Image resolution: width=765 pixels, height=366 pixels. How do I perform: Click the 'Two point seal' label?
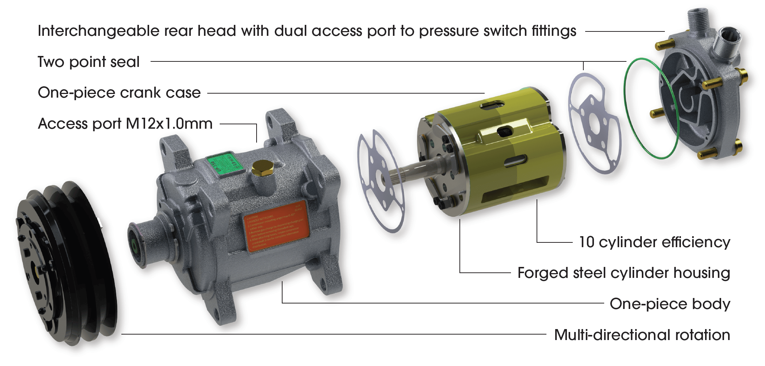[88, 62]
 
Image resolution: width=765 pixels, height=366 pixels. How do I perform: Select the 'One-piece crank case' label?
[119, 93]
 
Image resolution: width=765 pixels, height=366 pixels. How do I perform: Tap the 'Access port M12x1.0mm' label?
[125, 124]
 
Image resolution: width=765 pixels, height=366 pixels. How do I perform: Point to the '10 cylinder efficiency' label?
[654, 242]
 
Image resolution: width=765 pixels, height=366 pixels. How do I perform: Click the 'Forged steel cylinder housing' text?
[624, 273]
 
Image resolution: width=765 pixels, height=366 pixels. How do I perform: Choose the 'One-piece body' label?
[670, 304]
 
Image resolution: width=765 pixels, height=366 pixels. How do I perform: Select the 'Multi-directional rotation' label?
[642, 335]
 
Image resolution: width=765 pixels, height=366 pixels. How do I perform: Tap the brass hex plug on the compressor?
[262, 168]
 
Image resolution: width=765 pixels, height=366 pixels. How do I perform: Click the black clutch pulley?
[66, 263]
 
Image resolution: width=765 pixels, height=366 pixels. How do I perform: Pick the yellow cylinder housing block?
[508, 154]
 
